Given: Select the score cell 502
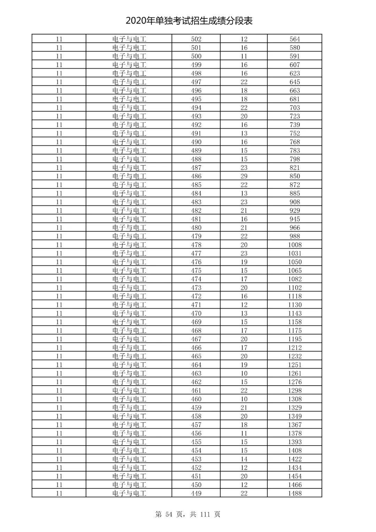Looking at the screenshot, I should point(196,39).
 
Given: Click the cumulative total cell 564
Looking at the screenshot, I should point(295,39).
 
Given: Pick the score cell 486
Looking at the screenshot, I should point(196,176).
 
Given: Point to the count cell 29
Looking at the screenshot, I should point(244,176).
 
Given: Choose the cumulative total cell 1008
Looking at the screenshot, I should point(295,245).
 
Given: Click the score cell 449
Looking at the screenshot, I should point(196,493).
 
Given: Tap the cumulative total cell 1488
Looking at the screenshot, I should point(295,493).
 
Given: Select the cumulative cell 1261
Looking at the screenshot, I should point(295,373).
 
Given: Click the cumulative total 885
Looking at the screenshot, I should point(295,193).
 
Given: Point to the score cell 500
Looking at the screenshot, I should point(196,56).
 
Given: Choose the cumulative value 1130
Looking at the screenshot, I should point(295,305).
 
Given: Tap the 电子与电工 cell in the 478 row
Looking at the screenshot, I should point(129,245).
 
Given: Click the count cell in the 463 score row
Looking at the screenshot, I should point(244,373).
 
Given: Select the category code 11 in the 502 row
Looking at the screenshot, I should point(59,39).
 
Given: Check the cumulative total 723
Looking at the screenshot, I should point(295,116).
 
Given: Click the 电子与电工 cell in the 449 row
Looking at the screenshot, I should point(129,493).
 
